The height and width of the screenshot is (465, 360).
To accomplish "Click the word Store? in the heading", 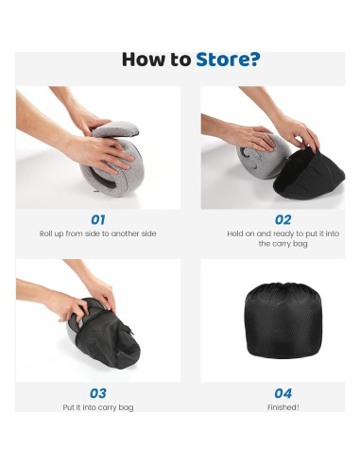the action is coord(228,60).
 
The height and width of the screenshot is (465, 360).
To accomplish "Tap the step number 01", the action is coord(98,219).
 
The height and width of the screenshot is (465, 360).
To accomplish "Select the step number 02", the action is coord(283,219).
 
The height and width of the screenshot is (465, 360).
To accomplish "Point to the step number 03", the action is coord(98,393).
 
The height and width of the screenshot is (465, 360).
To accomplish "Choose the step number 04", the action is coord(283,393).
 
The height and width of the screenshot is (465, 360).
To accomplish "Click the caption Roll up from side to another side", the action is coord(98,233).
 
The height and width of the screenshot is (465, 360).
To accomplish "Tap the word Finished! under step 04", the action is coord(283,407).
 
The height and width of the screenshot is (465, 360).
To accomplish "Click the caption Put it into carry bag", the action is coord(98,407).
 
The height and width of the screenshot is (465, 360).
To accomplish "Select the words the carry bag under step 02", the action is coord(283,244).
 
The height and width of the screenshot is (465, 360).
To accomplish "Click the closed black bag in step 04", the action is coord(283,320).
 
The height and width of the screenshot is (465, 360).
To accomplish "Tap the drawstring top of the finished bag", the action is coord(283,286).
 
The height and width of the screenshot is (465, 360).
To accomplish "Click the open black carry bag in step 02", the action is coord(309,175).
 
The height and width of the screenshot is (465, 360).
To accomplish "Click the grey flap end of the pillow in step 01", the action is coord(116,129).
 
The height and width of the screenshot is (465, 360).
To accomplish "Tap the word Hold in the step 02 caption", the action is coord(234,233).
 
